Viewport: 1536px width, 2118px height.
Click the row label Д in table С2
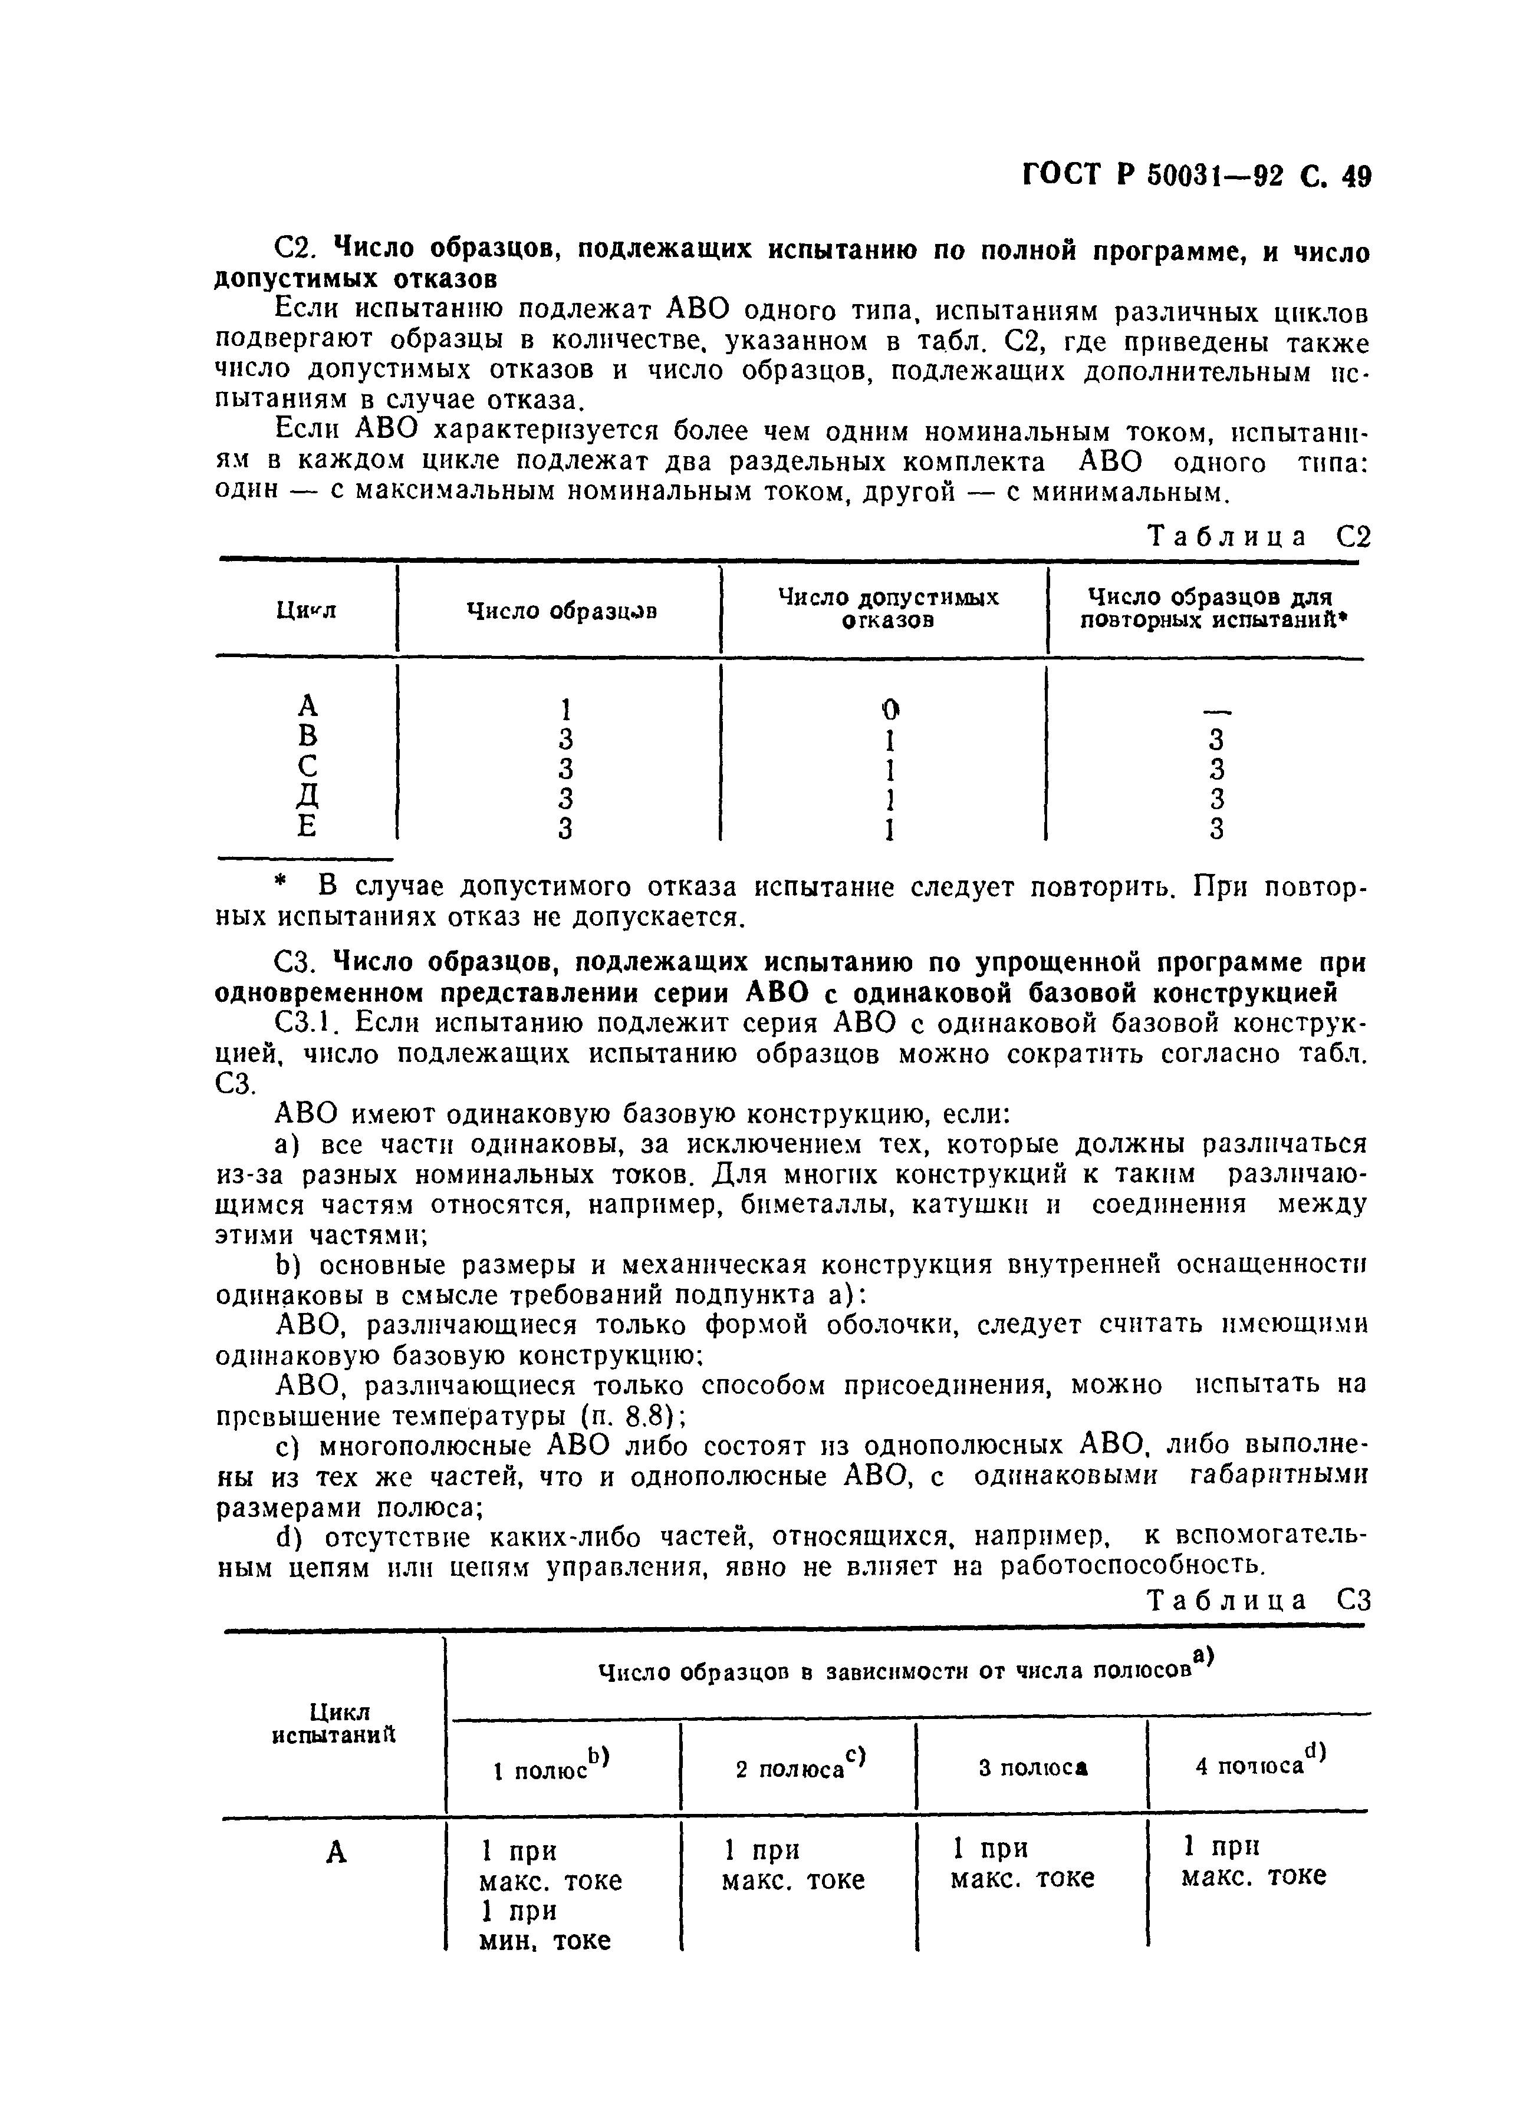pyautogui.click(x=307, y=797)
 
